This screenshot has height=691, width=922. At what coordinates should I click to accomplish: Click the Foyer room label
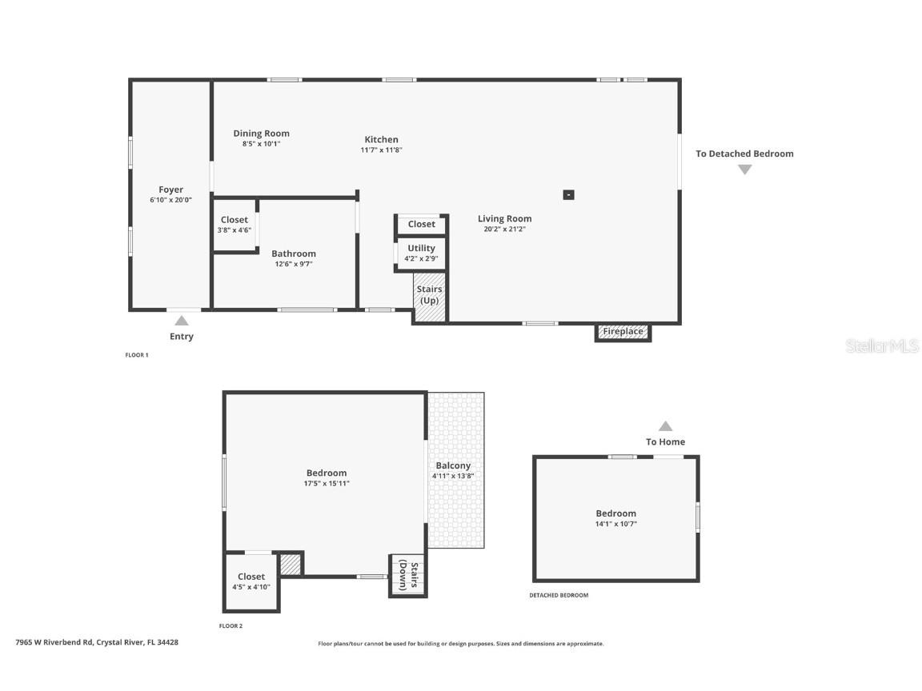coord(170,190)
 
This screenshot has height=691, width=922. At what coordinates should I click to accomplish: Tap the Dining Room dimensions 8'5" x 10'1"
coord(261,144)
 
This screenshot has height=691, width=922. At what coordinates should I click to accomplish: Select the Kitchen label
coord(381,139)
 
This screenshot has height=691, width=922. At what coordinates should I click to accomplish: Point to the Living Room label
coord(504,218)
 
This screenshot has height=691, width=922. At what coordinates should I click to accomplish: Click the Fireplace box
coord(623,332)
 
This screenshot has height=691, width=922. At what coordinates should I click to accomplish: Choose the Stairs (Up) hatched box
coord(429,296)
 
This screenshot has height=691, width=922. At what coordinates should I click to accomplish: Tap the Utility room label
coord(421,248)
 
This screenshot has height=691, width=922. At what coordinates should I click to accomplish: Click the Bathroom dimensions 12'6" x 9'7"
coord(293,264)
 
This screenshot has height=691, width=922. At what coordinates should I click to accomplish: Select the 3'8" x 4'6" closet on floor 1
coord(235,225)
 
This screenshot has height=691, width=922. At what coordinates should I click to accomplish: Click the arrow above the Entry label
coord(182,321)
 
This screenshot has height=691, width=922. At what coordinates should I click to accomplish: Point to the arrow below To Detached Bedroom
coord(744,170)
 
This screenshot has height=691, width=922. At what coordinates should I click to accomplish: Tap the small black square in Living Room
coord(568,194)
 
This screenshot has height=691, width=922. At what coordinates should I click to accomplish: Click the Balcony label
coord(453,465)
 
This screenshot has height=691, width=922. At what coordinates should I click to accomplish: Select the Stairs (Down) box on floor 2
coord(408,575)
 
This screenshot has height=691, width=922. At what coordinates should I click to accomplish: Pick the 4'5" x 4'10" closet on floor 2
coord(251,581)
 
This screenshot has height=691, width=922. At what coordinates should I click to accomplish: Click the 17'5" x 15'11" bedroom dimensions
coord(327,483)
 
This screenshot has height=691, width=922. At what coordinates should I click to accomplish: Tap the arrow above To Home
coord(665,426)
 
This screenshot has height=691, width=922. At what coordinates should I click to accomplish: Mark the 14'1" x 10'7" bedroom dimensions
coord(615,524)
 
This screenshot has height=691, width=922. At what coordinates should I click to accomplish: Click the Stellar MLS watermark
coord(884,345)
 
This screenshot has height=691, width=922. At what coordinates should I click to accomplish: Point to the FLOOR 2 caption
coord(230,625)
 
